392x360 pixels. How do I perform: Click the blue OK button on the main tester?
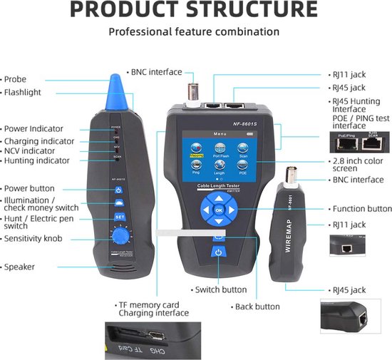click(218, 210)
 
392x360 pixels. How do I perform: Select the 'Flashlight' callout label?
click(24, 92)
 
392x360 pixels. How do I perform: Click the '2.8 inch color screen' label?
click(359, 166)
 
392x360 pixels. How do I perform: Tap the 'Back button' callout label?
click(257, 306)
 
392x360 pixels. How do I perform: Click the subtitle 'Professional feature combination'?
click(194, 32)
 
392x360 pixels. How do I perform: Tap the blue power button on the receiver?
click(120, 190)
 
